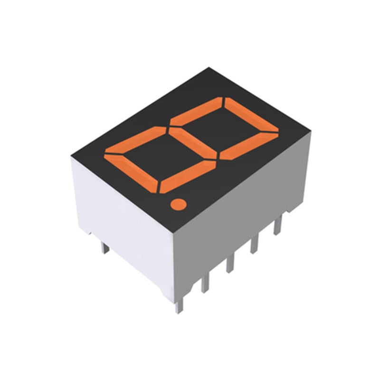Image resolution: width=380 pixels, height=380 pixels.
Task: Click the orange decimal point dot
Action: pyautogui.click(x=178, y=204)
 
